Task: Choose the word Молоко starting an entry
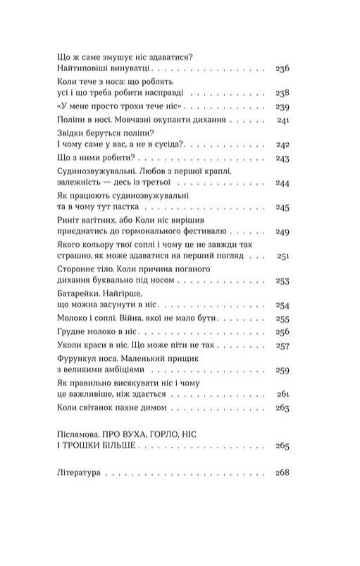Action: (x=70, y=319)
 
